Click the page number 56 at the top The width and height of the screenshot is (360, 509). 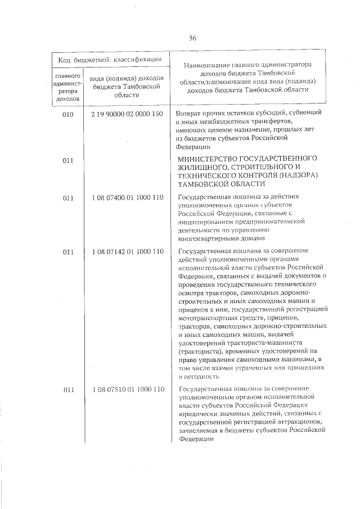pos(192,38)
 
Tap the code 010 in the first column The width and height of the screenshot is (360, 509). pos(69,114)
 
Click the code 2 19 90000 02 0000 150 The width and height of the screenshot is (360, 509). pos(127,114)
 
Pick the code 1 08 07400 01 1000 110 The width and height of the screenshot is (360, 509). pos(127,197)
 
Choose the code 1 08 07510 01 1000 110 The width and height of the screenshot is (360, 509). pos(127,390)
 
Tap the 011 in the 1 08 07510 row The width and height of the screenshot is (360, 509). pos(69,390)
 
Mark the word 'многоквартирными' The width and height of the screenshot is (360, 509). pos(207,238)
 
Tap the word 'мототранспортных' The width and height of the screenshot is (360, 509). pos(206,319)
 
